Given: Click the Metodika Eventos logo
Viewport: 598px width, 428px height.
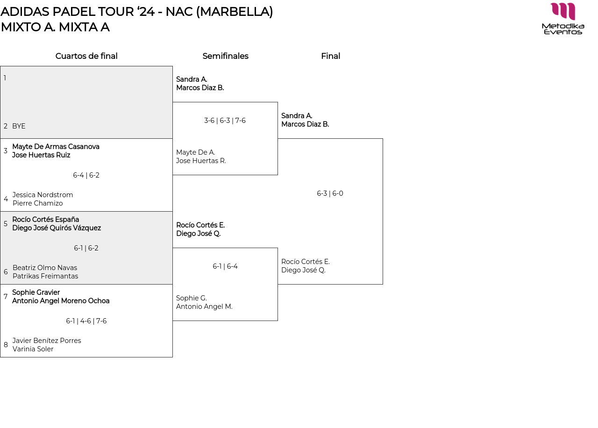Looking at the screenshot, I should pos(563,18).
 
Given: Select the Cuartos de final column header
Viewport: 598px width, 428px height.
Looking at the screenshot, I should pos(86,56).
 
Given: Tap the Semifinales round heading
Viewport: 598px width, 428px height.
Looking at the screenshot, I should pos(225,56).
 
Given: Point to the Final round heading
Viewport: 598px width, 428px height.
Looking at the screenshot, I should pos(330,56).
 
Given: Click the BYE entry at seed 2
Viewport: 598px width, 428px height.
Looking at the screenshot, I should pos(19,126).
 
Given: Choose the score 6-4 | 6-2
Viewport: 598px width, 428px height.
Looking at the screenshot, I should pos(86,175).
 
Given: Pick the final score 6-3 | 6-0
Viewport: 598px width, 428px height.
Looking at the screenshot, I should pos(330,193).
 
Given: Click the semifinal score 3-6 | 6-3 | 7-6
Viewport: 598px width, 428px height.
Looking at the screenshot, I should pos(225,121).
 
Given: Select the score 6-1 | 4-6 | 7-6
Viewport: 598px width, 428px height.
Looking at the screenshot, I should pos(86,321).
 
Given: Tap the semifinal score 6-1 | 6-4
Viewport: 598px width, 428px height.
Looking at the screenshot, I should pos(225,266).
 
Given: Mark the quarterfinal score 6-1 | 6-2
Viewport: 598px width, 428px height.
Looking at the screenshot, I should pos(86,248).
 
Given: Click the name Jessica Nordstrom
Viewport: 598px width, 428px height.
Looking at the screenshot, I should pos(43,195).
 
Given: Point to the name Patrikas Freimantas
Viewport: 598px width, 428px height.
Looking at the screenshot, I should pos(45,276).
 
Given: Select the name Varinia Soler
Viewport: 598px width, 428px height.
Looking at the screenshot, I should pos(33,349).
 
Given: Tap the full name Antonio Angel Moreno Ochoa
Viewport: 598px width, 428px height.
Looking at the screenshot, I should pos(61,301).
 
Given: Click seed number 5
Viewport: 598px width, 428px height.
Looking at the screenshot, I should pos(6,224).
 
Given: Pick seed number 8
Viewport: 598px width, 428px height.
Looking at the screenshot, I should pos(6,345).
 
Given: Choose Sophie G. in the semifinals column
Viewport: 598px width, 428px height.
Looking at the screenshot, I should pos(191,298).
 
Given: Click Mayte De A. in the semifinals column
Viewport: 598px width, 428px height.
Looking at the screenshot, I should pos(195,152).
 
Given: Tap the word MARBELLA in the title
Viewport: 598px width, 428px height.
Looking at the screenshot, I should pos(234,12).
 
